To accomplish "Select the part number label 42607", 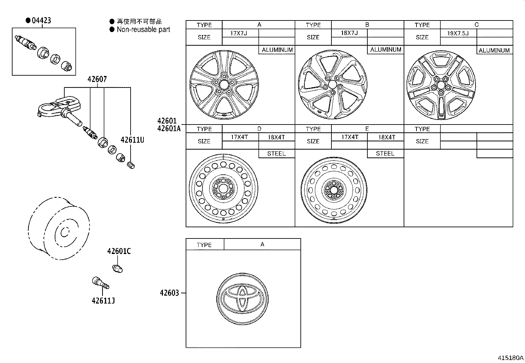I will click(97, 80).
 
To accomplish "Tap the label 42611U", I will click(132, 140).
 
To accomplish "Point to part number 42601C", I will click(119, 251).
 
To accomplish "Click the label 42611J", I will click(103, 301).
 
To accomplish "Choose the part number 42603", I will click(169, 293).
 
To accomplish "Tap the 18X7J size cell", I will click(349, 33).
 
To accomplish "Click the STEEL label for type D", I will click(276, 154).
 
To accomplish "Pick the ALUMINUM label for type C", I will click(494, 50).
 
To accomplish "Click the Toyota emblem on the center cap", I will click(243, 297).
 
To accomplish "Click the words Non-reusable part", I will click(143, 29).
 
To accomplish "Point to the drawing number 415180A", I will click(510, 358).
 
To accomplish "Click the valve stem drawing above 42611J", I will click(100, 283).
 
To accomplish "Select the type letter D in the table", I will click(259, 129).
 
